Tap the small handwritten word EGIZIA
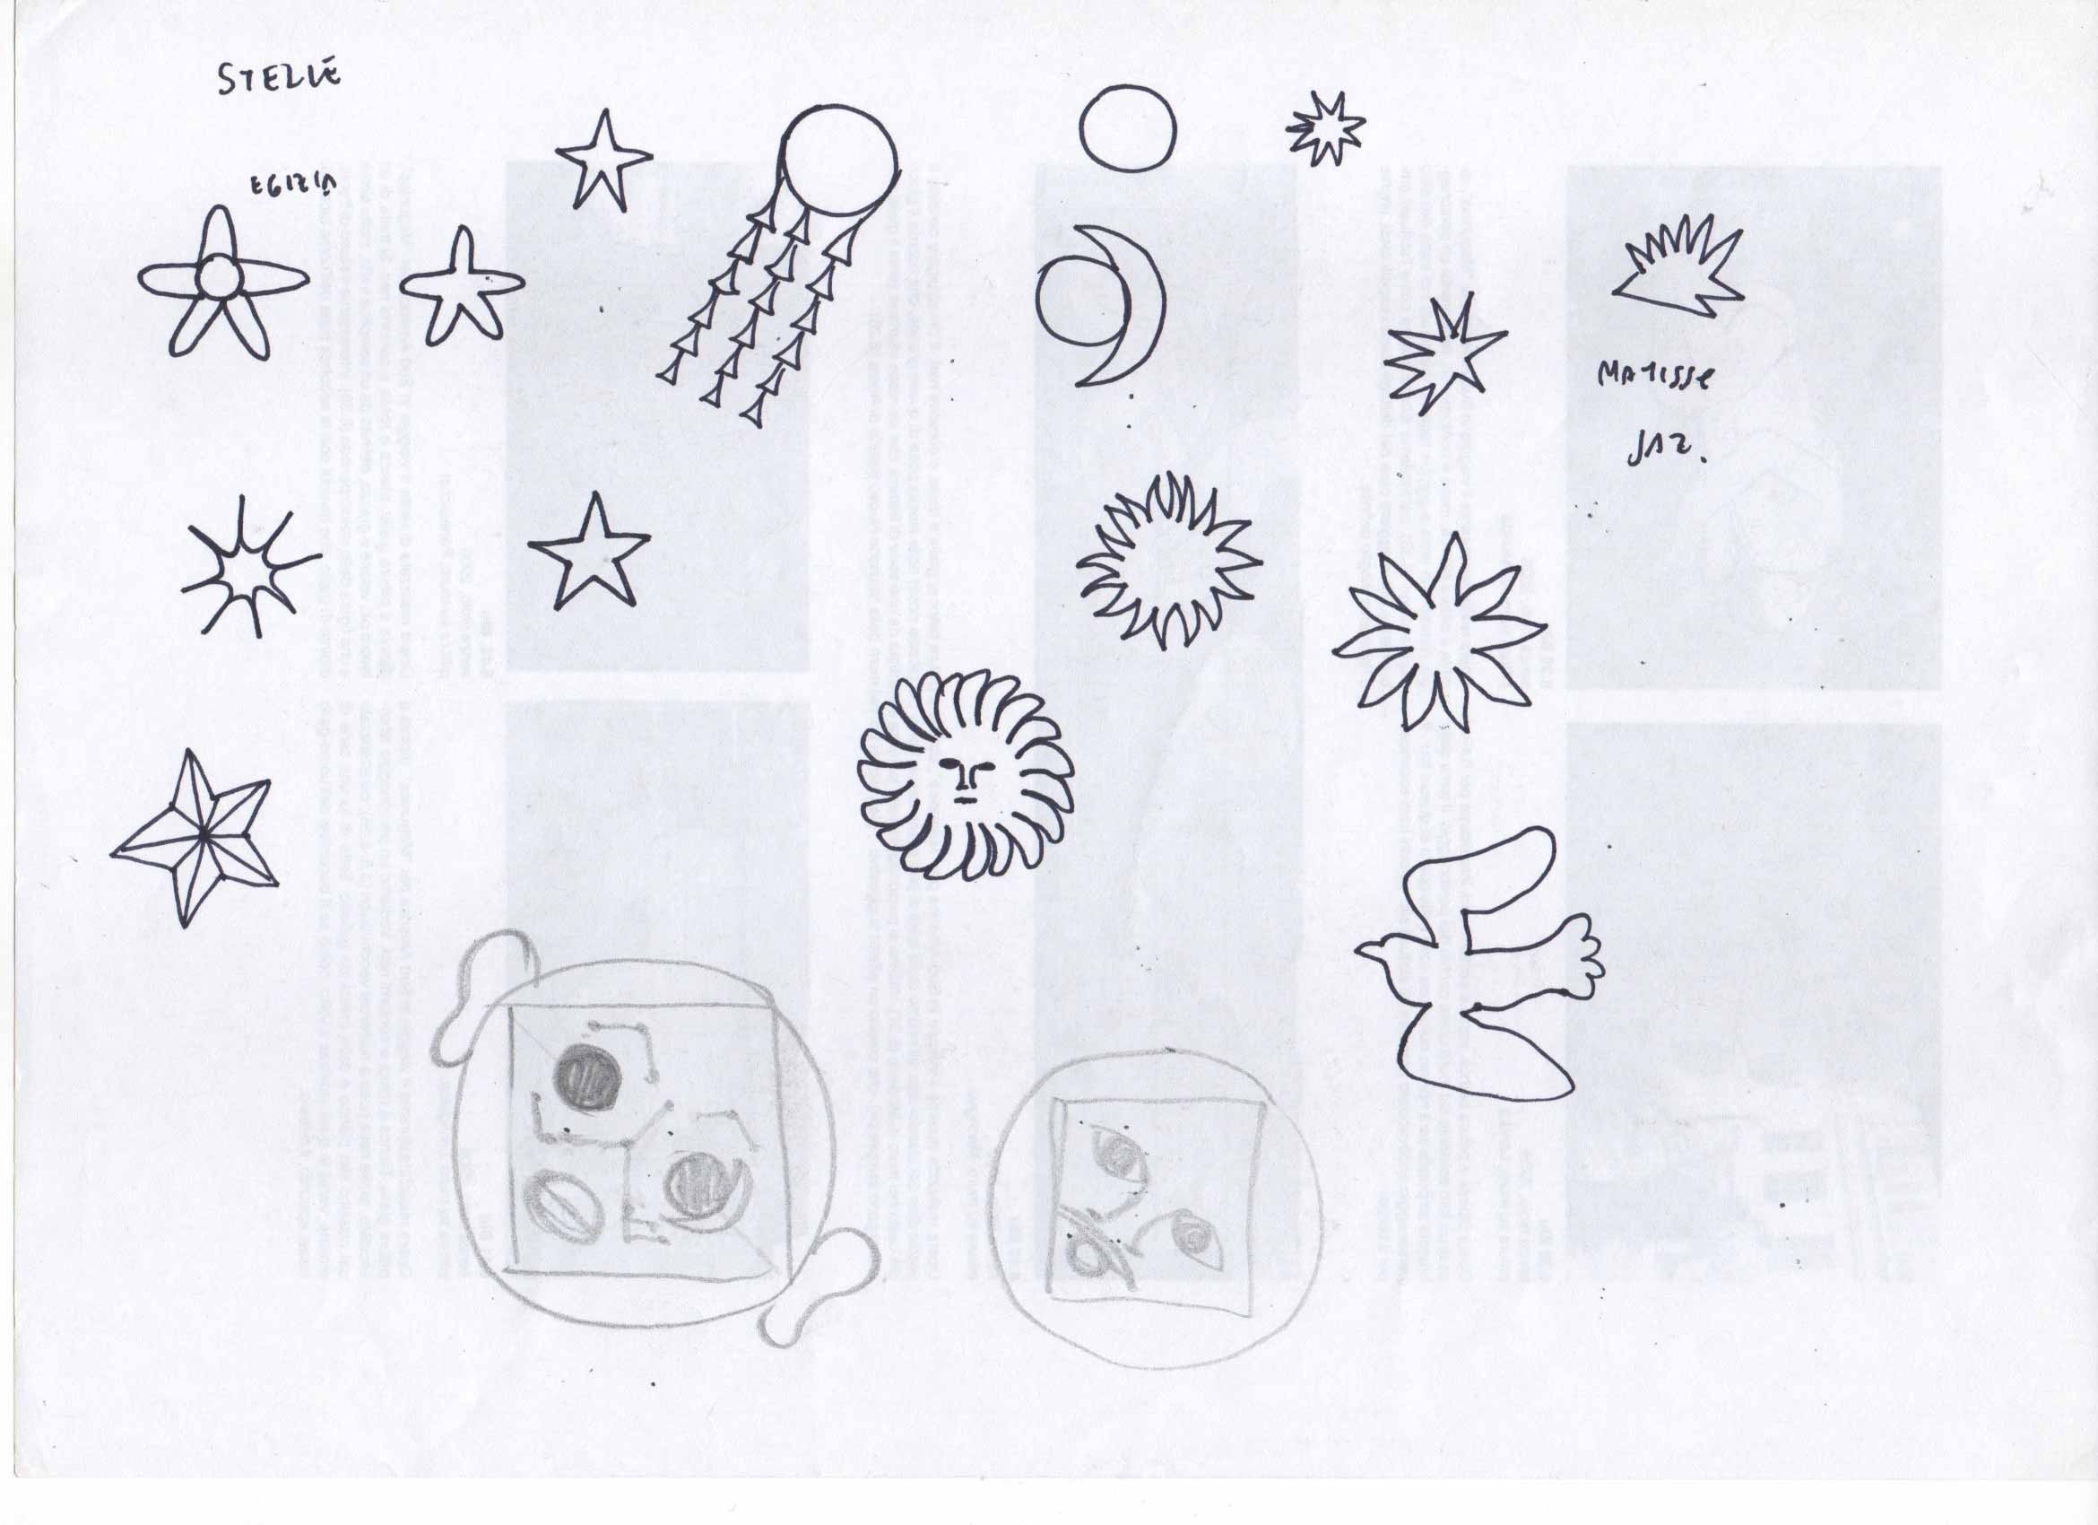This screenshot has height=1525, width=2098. click(x=293, y=186)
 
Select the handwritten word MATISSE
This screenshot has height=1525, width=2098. click(x=1655, y=376)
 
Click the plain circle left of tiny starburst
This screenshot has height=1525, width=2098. click(x=1128, y=128)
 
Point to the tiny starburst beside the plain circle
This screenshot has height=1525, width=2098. click(x=1324, y=128)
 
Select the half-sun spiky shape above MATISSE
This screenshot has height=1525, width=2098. click(x=1680, y=268)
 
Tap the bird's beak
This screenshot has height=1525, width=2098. click(x=1364, y=949)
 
